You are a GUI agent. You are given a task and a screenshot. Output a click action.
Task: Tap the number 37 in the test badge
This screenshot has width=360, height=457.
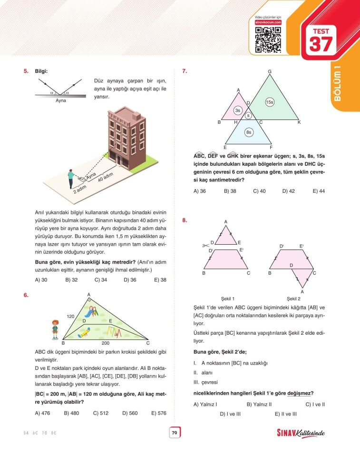[x=322, y=44]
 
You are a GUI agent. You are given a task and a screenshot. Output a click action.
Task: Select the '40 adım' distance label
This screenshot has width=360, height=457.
[x=106, y=178]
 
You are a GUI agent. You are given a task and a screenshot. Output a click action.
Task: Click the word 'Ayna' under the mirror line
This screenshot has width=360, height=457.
[x=60, y=101]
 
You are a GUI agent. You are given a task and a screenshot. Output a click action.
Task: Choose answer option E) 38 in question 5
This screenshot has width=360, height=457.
[x=160, y=280]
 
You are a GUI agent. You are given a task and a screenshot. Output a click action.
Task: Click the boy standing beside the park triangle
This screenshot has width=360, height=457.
[x=55, y=329]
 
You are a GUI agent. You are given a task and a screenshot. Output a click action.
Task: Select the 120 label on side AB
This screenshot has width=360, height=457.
[x=71, y=316]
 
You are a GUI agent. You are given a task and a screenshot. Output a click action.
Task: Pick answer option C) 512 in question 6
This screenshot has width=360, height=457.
[x=100, y=413]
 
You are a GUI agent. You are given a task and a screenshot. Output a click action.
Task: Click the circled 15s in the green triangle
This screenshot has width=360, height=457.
[x=270, y=102]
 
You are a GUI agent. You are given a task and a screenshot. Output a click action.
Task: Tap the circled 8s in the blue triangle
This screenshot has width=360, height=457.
[x=248, y=132]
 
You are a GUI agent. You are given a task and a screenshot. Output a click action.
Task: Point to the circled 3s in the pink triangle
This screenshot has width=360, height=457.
[x=238, y=110]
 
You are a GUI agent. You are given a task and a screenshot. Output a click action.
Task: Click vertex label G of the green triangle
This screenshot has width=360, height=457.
[x=270, y=72]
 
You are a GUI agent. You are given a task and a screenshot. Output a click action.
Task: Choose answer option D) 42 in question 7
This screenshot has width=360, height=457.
[x=289, y=191]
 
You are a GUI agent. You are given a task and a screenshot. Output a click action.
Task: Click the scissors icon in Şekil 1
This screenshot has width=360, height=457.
[x=206, y=245]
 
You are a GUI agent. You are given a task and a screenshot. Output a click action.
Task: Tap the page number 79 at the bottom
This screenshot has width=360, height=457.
[x=174, y=433]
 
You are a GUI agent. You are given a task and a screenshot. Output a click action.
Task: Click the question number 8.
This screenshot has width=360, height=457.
[x=185, y=220]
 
